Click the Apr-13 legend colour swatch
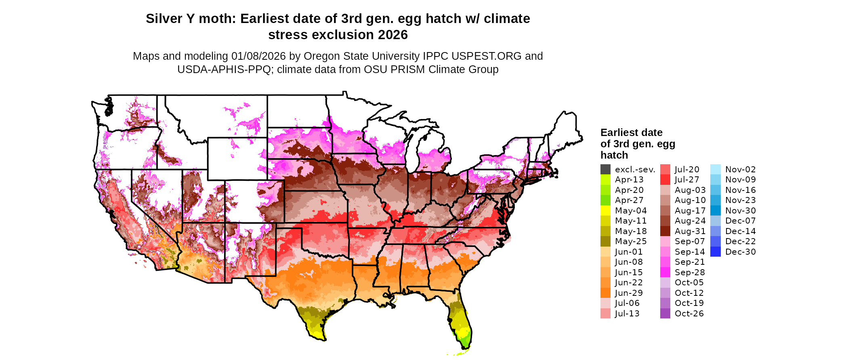tap(605, 180)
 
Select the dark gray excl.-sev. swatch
tap(605, 170)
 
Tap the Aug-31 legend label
tap(690, 231)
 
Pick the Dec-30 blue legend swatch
tap(715, 252)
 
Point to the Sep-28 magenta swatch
tap(665, 272)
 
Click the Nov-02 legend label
tap(740, 170)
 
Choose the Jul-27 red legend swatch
tap(665, 180)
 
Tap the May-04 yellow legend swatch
tap(605, 211)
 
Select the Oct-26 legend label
tap(689, 314)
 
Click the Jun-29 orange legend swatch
tap(605, 293)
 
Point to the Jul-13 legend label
tap(627, 314)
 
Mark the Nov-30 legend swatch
tap(715, 211)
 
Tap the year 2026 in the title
tap(393, 35)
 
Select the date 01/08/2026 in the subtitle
tap(258, 56)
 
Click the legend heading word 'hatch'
tap(614, 155)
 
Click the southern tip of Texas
tap(323, 339)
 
